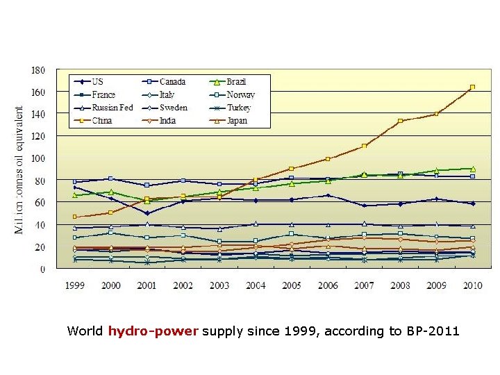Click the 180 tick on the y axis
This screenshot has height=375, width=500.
click(38, 70)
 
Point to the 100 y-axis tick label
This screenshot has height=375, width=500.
click(38, 158)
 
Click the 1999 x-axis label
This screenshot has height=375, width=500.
click(75, 285)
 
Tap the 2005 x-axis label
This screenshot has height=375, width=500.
click(292, 285)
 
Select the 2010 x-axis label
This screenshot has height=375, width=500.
click(472, 285)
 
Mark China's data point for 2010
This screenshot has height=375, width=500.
click(472, 87)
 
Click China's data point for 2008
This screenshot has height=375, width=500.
click(400, 121)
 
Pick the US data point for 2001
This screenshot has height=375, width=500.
click(147, 213)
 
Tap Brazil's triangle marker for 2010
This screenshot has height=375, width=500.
click(472, 169)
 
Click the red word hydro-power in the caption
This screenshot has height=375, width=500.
click(153, 331)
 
